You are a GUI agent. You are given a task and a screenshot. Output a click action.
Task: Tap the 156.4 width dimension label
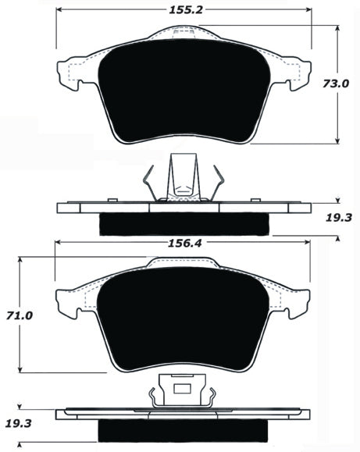pos(184,243)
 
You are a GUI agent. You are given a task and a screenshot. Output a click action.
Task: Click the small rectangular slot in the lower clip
pos(182,388)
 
